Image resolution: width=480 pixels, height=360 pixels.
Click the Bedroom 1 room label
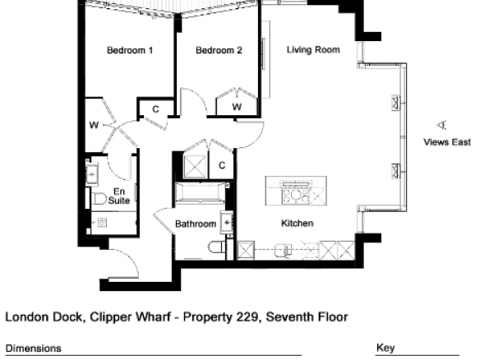click(130, 50)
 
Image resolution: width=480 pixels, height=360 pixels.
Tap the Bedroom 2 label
click(219, 50)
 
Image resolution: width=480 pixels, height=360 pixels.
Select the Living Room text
click(313, 50)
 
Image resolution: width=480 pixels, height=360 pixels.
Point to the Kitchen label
click(297, 224)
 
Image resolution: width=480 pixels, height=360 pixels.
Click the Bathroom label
click(196, 224)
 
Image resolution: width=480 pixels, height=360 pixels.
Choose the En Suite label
click(119, 196)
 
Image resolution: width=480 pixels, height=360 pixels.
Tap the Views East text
click(447, 142)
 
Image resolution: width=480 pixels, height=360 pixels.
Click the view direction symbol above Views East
click(442, 125)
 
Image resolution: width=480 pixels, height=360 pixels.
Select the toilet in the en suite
click(99, 199)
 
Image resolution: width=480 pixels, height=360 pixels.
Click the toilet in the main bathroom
click(217, 247)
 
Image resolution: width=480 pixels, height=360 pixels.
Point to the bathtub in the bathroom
click(201, 193)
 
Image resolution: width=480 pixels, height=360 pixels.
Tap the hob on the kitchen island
click(296, 196)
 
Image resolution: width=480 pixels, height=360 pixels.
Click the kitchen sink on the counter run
click(284, 251)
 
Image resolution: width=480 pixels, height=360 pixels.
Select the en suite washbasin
click(91, 174)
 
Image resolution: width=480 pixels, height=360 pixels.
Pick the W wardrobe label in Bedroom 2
click(237, 107)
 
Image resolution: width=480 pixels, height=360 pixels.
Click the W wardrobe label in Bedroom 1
click(94, 125)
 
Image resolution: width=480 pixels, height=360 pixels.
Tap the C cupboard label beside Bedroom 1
click(155, 109)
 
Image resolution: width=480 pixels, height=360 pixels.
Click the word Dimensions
click(34, 348)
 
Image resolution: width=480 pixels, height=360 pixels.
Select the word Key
click(385, 348)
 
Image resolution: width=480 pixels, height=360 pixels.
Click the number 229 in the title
click(247, 316)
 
